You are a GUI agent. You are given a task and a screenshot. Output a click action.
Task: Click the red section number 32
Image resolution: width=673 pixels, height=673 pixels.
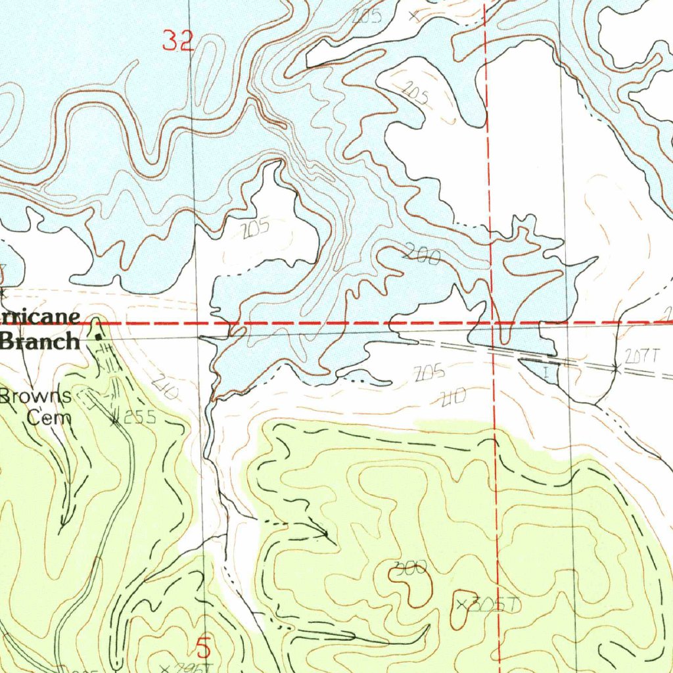[x=178, y=42]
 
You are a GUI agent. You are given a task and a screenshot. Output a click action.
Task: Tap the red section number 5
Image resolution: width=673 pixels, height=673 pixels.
[x=204, y=649]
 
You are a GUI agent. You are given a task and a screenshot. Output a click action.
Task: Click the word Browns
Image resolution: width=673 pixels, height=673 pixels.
[x=36, y=396]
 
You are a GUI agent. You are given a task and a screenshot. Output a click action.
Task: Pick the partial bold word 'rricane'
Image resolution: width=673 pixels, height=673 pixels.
[x=41, y=317]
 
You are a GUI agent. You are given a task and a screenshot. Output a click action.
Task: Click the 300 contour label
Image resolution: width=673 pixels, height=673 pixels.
[x=412, y=567]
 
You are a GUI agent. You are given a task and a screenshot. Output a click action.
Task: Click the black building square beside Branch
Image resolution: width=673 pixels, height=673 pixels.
[x=99, y=336]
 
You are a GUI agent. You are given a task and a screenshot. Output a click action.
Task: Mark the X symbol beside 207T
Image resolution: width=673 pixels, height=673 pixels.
[x=616, y=370]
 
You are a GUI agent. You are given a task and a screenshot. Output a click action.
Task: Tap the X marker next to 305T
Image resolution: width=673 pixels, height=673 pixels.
[x=461, y=603]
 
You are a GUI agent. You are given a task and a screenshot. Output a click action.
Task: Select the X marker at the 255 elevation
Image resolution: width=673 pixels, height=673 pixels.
[x=116, y=420]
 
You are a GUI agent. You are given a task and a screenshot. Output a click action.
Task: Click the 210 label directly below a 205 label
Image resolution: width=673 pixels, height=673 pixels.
[x=453, y=396]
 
